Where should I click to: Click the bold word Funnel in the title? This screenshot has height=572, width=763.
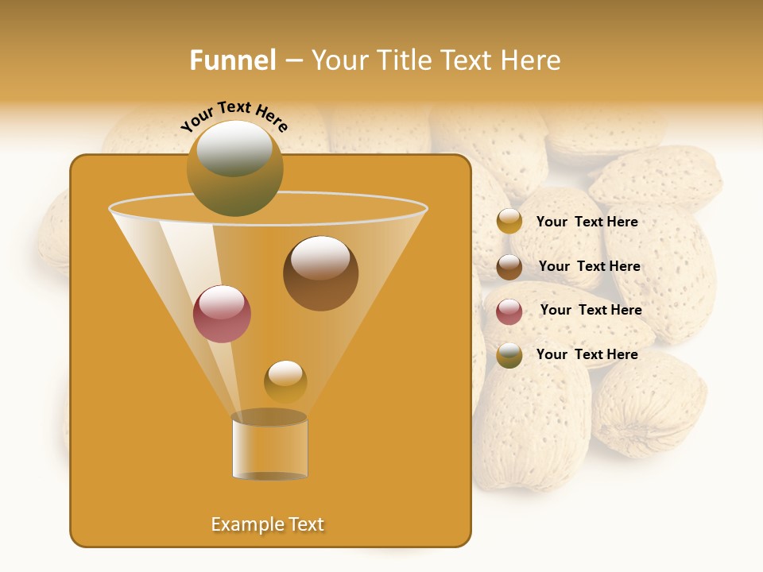tap(232, 60)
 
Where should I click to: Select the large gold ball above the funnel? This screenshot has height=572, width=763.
tap(234, 168)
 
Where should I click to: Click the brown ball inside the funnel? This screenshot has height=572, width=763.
tap(320, 273)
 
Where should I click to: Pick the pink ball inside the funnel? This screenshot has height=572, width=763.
tap(222, 314)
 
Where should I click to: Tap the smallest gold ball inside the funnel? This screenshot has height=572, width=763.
tap(285, 381)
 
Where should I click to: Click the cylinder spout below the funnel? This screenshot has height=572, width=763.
tap(269, 446)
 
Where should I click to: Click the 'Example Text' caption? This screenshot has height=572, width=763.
tap(268, 524)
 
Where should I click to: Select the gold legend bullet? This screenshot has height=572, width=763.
tap(509, 222)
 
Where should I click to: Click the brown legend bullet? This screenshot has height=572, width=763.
tap(509, 267)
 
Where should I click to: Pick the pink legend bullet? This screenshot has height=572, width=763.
tap(509, 311)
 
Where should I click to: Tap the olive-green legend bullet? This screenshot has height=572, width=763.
tap(509, 355)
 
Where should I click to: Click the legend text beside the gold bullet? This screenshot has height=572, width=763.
tap(587, 222)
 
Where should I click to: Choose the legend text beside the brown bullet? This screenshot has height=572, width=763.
tap(589, 267)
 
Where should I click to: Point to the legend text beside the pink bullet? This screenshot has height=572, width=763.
tap(591, 311)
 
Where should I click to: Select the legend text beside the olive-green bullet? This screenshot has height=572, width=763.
tap(587, 354)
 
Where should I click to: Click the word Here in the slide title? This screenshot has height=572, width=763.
tap(532, 60)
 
